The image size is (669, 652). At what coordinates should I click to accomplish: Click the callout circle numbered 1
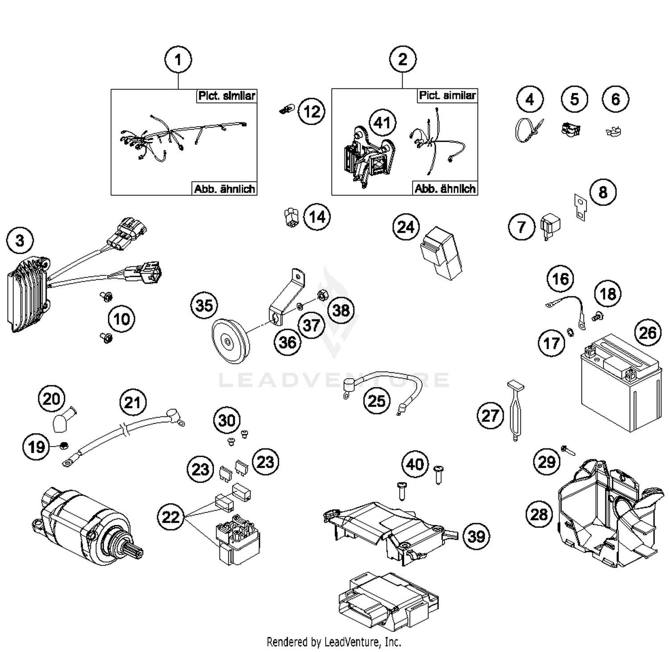click(x=178, y=59)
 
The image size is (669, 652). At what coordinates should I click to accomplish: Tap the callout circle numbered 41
click(x=382, y=123)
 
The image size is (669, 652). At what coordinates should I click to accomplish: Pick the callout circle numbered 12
click(x=311, y=111)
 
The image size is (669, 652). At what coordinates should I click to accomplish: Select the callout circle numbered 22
click(x=170, y=517)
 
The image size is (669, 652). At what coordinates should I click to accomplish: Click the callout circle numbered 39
click(x=476, y=536)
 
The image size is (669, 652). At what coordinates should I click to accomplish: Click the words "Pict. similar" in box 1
click(x=227, y=96)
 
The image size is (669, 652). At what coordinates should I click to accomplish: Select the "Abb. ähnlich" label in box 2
click(x=445, y=189)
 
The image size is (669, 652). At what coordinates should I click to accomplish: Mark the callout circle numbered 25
click(x=376, y=400)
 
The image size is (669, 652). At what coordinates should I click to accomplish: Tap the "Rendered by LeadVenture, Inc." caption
click(x=334, y=642)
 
